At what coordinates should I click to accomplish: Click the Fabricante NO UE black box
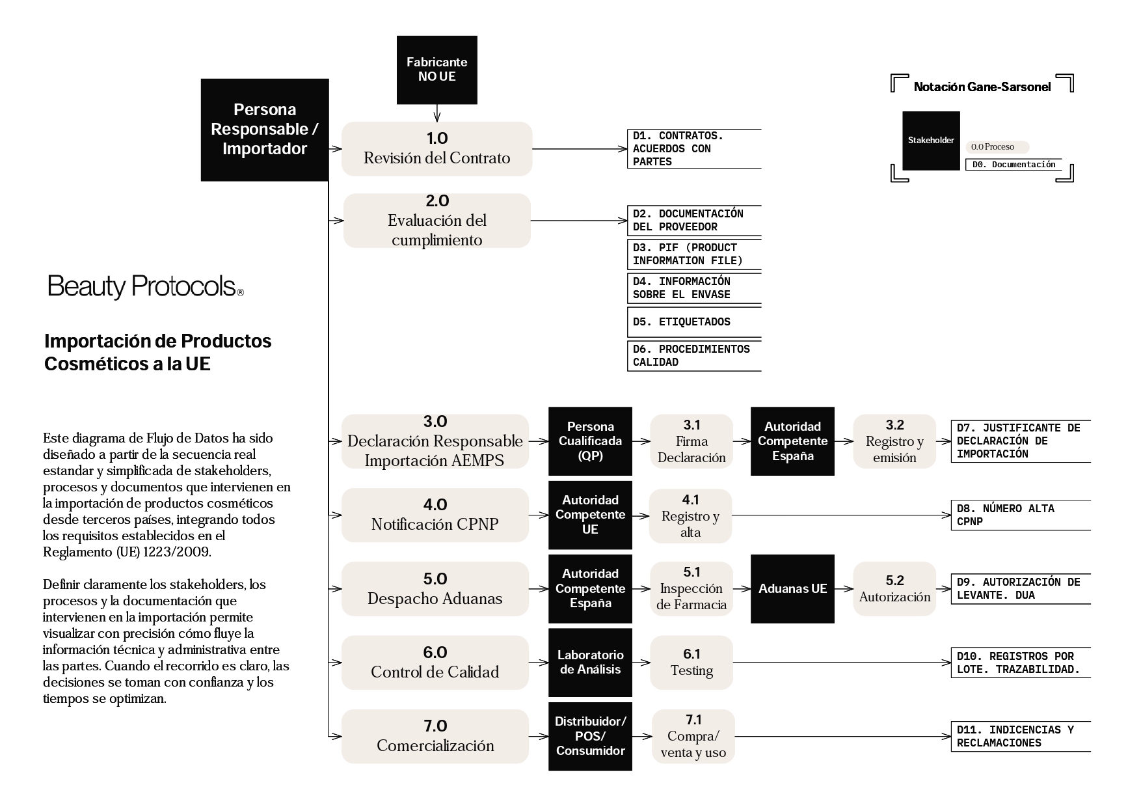[x=436, y=70]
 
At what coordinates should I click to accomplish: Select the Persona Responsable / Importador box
[x=264, y=130]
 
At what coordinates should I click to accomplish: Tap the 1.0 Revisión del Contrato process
[x=436, y=149]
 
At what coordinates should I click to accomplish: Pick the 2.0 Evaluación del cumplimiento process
[x=436, y=221]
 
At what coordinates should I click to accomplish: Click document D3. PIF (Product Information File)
[x=693, y=254]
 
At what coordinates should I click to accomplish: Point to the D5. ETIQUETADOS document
[x=693, y=322]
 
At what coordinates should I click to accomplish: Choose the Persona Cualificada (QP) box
[x=590, y=441]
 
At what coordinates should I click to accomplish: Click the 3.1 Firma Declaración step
[x=691, y=441]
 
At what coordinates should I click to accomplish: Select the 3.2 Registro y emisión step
[x=894, y=441]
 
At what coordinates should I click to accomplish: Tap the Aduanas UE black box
[x=792, y=589]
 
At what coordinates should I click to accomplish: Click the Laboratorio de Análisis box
[x=590, y=663]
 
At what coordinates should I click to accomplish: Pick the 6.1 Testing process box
[x=691, y=663]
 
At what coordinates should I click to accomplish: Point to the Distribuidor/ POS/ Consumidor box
[x=590, y=736]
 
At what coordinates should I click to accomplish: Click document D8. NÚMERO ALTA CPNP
[x=1019, y=515]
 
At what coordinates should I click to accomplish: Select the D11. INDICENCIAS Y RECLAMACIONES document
[x=1019, y=737]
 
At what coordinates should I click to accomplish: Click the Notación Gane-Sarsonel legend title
[x=982, y=87]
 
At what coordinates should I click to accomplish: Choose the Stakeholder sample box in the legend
[x=931, y=141]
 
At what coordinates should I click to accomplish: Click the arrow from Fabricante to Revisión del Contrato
[x=436, y=113]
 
